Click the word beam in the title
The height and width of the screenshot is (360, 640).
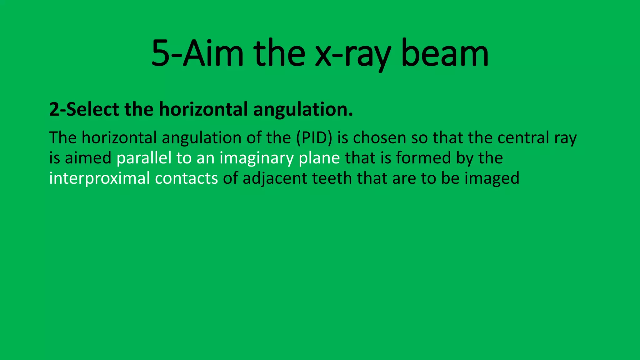[445, 54]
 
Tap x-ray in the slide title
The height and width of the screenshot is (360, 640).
[353, 54]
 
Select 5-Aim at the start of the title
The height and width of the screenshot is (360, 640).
[197, 54]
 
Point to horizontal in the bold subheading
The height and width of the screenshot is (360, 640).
[203, 109]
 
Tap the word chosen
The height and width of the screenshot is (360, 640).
[379, 138]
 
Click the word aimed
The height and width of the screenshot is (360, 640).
[88, 158]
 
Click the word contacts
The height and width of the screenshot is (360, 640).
[186, 178]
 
